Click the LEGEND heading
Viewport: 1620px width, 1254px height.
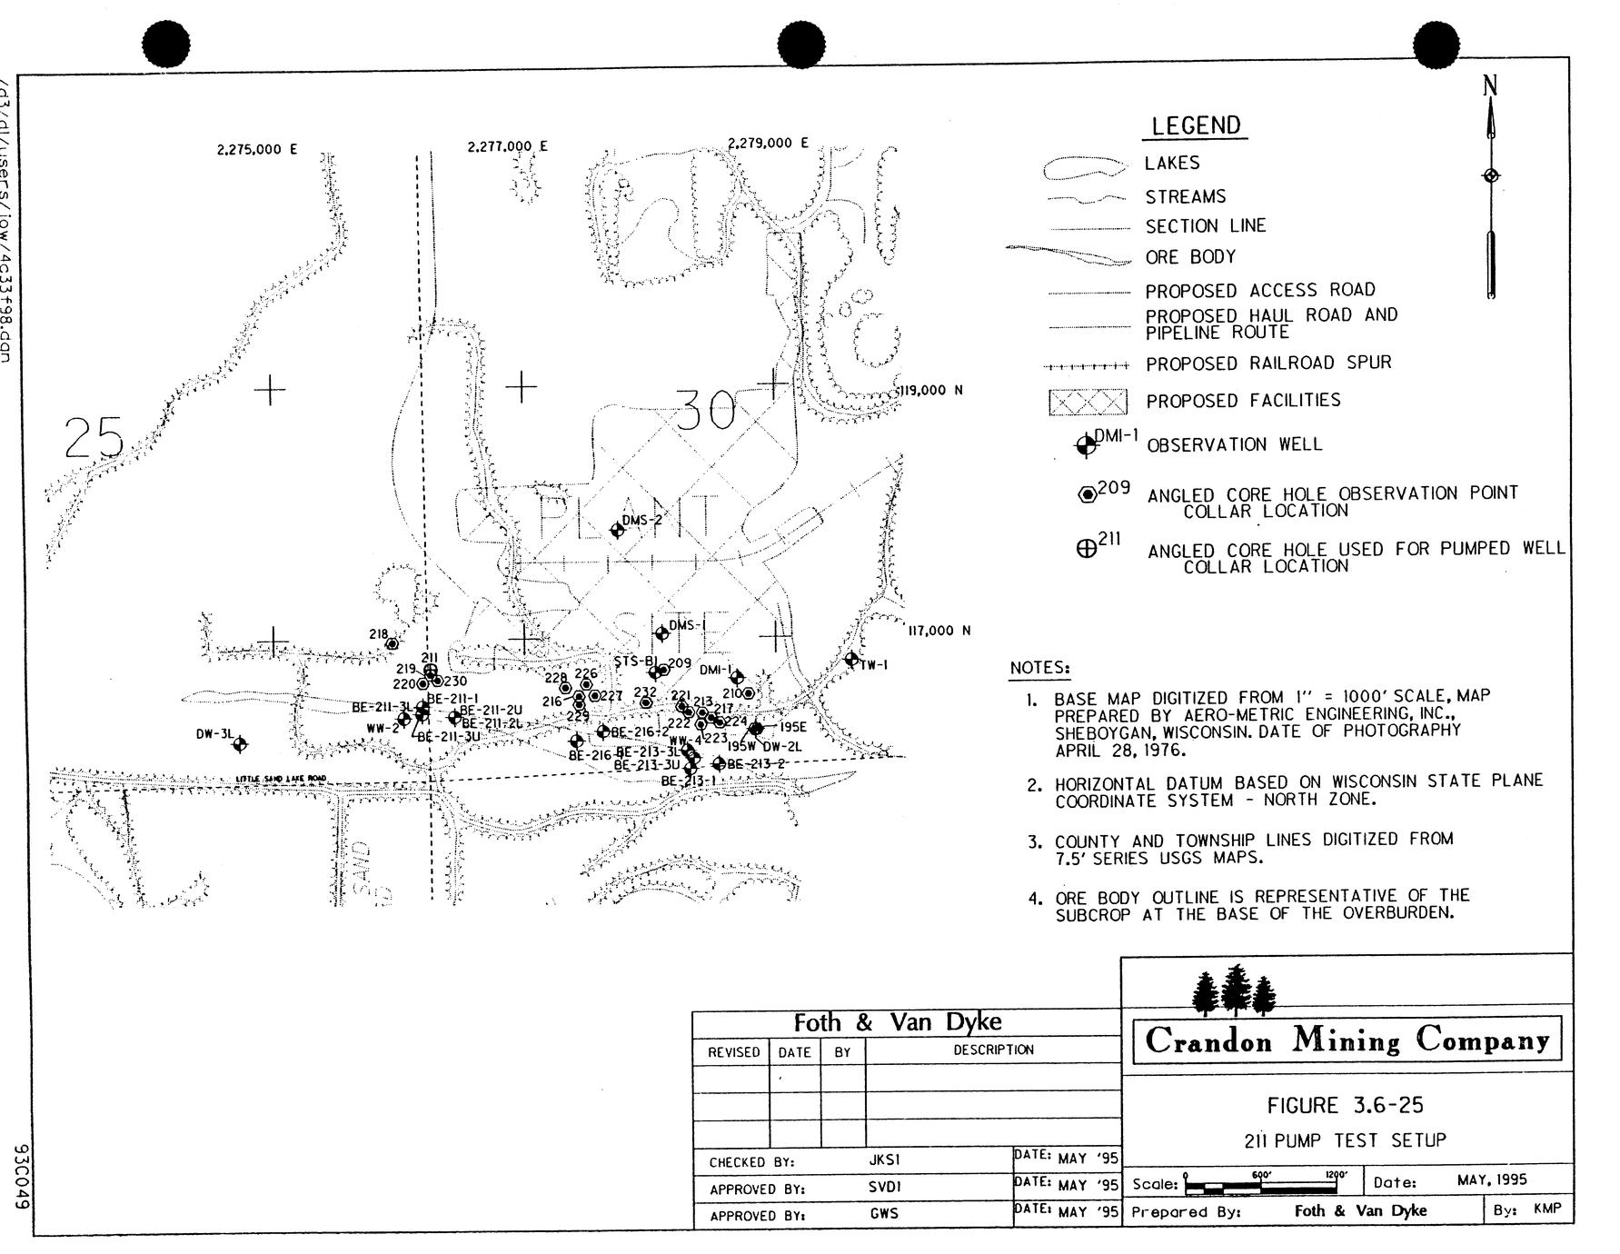click(x=1195, y=126)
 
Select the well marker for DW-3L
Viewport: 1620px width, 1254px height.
click(x=240, y=744)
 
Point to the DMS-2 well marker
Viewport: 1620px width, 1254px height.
click(x=618, y=530)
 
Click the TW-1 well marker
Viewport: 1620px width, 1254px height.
click(x=851, y=660)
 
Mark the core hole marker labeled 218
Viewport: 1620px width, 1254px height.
click(x=393, y=644)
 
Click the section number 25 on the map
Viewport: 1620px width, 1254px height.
click(x=94, y=440)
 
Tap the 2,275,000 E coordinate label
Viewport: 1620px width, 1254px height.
click(x=257, y=150)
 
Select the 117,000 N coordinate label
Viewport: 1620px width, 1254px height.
click(x=939, y=631)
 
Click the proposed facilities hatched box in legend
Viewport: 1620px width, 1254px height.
click(x=1088, y=402)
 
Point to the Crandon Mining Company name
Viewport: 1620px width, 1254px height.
click(x=1347, y=1040)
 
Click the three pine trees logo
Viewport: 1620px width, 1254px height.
click(x=1232, y=991)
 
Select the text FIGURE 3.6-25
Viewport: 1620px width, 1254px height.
click(x=1345, y=1106)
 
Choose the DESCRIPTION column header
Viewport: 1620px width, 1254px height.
click(x=993, y=1050)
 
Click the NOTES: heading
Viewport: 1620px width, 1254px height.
click(x=1039, y=668)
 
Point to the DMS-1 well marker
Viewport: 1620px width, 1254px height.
click(x=661, y=634)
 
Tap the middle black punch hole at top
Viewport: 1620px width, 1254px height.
click(x=801, y=45)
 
